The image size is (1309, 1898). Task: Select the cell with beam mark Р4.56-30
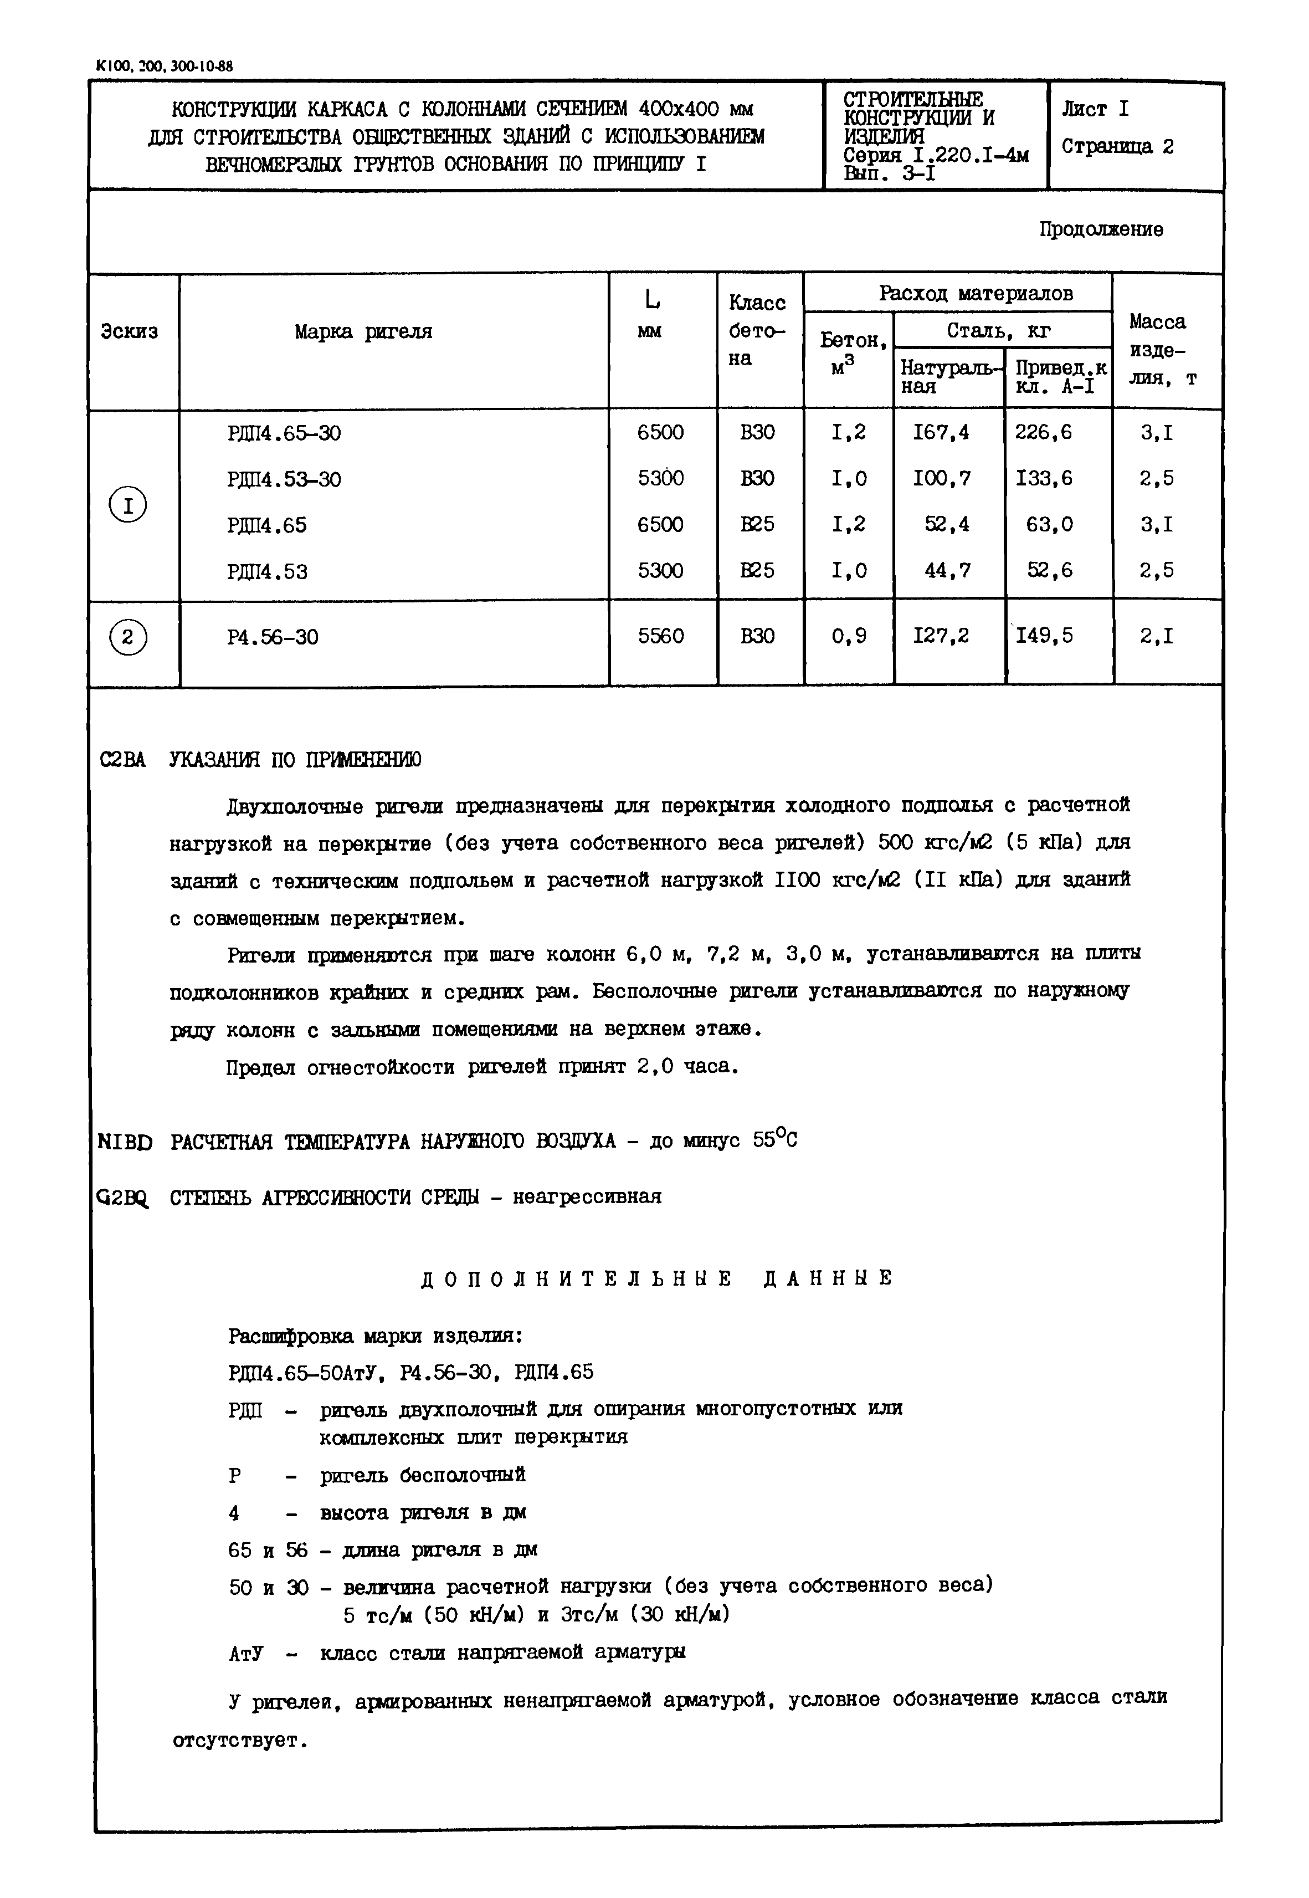pos(273,637)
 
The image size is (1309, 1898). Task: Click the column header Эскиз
pos(130,332)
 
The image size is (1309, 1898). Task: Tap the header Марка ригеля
pos(363,332)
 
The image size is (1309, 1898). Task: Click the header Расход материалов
pos(976,294)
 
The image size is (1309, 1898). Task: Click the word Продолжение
pos(1101,229)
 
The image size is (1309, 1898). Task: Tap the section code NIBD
pos(125,1142)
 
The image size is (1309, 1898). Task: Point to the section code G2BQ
pos(123,1198)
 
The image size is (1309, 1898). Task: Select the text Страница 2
pos(1117,147)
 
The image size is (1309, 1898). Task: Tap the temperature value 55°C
pos(774,1139)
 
